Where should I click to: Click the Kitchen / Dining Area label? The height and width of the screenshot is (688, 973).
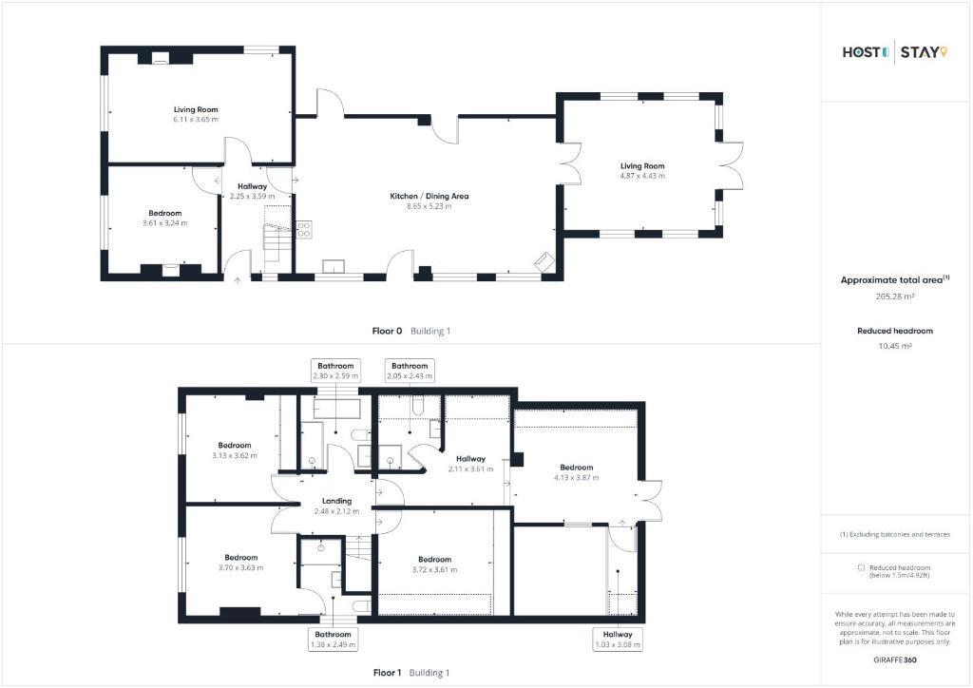pyautogui.click(x=429, y=196)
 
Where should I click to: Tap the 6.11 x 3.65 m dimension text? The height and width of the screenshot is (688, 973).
pyautogui.click(x=196, y=119)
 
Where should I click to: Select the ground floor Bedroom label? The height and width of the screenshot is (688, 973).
pyautogui.click(x=165, y=214)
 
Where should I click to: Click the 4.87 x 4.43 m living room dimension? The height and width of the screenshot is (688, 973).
pyautogui.click(x=642, y=176)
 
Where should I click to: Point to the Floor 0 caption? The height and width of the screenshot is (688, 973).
pyautogui.click(x=387, y=332)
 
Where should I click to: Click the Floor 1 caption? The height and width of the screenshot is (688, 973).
pyautogui.click(x=387, y=673)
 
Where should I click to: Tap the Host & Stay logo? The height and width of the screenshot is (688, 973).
pyautogui.click(x=895, y=52)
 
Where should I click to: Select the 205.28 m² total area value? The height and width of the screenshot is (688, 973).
pyautogui.click(x=895, y=296)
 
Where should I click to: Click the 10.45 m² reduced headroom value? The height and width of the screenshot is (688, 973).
pyautogui.click(x=895, y=346)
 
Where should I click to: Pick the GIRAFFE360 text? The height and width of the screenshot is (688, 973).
pyautogui.click(x=895, y=659)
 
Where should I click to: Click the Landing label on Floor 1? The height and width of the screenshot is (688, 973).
pyautogui.click(x=337, y=501)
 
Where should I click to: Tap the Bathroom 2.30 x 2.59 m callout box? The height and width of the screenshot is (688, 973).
pyautogui.click(x=335, y=371)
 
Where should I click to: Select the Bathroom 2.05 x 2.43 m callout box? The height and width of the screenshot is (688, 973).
pyautogui.click(x=410, y=371)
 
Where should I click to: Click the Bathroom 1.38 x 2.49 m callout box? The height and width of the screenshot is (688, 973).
pyautogui.click(x=334, y=639)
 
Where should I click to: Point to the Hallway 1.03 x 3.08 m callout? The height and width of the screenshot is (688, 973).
pyautogui.click(x=618, y=639)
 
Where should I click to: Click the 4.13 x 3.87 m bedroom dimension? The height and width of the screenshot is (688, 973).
pyautogui.click(x=577, y=478)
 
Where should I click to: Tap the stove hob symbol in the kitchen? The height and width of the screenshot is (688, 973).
pyautogui.click(x=303, y=230)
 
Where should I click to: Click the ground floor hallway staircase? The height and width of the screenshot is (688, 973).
pyautogui.click(x=277, y=239)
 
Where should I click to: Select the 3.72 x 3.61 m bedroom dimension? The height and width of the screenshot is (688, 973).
pyautogui.click(x=434, y=569)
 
